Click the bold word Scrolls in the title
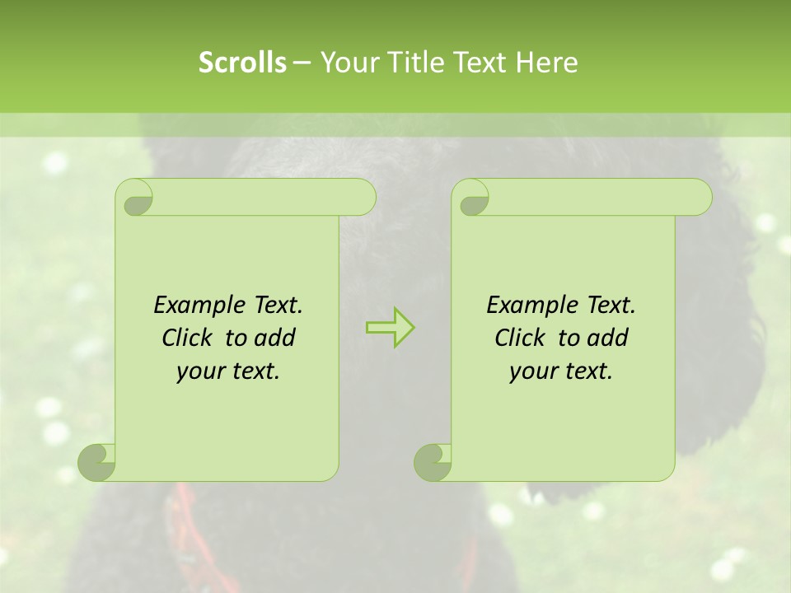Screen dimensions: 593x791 point(242,63)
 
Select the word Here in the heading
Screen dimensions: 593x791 point(548,63)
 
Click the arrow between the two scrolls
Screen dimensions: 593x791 point(390,328)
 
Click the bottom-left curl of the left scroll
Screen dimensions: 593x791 point(97,462)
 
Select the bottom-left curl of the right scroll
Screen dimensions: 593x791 point(433,462)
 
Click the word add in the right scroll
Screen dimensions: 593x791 point(609,339)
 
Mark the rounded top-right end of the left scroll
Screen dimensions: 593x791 point(363,198)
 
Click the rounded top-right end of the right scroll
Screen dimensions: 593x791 point(699,198)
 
